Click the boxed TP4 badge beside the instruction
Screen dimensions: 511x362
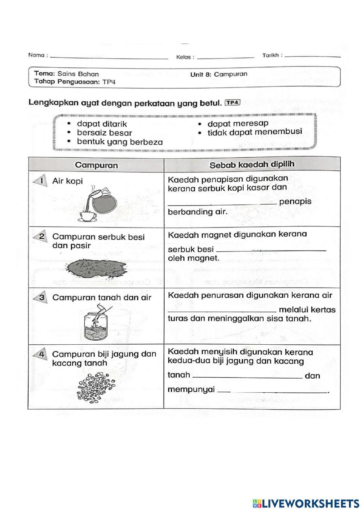[232, 102]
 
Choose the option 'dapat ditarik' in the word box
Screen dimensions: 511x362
[102, 124]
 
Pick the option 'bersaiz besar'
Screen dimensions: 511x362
[104, 133]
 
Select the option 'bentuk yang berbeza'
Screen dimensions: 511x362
[120, 142]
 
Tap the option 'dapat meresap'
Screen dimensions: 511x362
[238, 124]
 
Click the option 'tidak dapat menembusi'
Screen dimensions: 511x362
[254, 132]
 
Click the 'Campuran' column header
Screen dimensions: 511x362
[96, 165]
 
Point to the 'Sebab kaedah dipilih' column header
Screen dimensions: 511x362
[252, 165]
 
